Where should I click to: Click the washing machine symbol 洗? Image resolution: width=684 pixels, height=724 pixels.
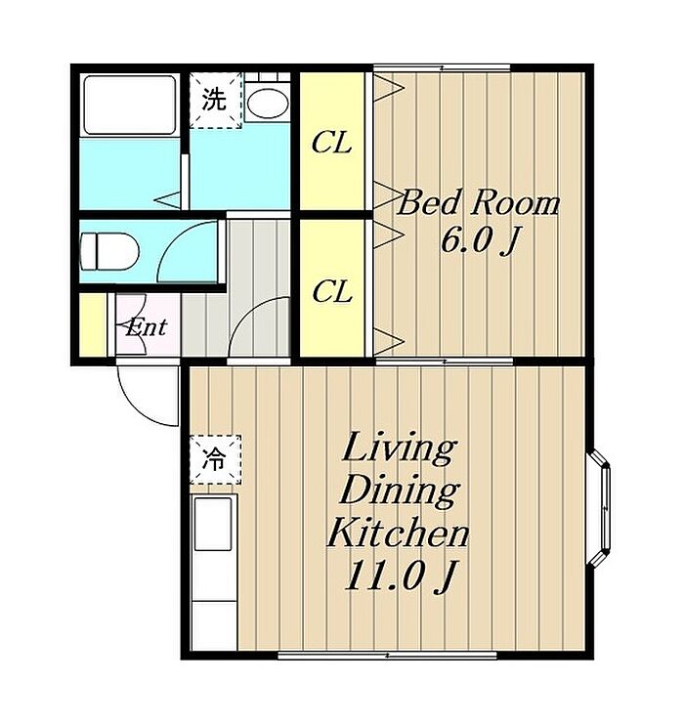pyautogui.click(x=215, y=100)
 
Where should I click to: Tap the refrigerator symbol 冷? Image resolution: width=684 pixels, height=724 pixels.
pyautogui.click(x=215, y=459)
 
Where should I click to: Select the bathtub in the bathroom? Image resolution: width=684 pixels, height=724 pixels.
pyautogui.click(x=129, y=105)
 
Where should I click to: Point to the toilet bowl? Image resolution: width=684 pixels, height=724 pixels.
pyautogui.click(x=109, y=251)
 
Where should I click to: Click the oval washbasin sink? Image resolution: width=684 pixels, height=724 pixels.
pyautogui.click(x=267, y=103)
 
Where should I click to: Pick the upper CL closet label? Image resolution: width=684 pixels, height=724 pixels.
pyautogui.click(x=331, y=143)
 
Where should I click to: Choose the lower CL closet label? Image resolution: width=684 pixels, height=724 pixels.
pyautogui.click(x=332, y=291)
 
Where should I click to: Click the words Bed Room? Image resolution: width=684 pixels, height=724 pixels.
pyautogui.click(x=479, y=202)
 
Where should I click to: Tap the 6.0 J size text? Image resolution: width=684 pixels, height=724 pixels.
pyautogui.click(x=480, y=240)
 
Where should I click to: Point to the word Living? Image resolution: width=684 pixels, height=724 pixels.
pyautogui.click(x=399, y=448)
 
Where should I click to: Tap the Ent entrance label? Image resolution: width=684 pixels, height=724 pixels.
pyautogui.click(x=147, y=328)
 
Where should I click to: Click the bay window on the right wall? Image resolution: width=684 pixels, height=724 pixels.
pyautogui.click(x=600, y=506)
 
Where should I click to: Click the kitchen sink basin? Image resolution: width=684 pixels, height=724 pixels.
pyautogui.click(x=213, y=524)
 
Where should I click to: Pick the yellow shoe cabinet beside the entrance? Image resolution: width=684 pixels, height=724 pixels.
pyautogui.click(x=93, y=324)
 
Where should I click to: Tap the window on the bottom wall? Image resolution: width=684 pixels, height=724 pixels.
pyautogui.click(x=387, y=655)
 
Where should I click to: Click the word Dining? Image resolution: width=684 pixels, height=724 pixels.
pyautogui.click(x=400, y=490)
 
